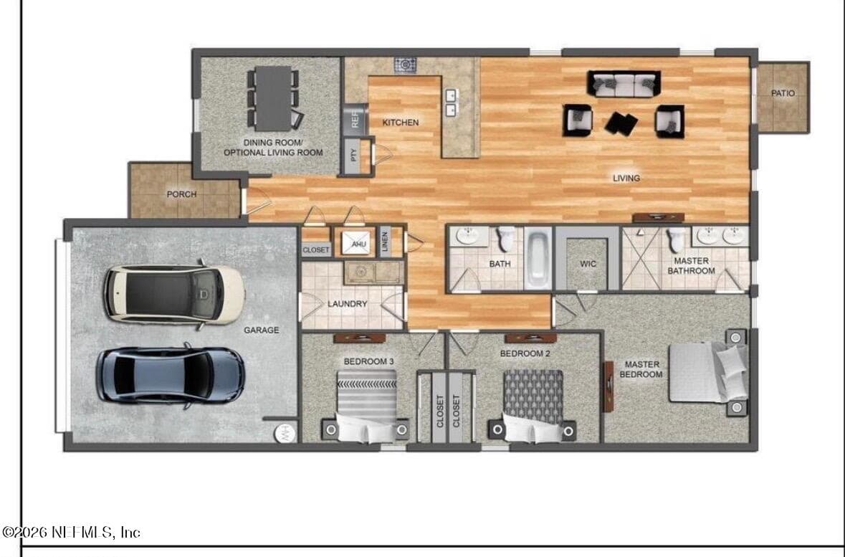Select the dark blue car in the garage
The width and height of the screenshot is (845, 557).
171,375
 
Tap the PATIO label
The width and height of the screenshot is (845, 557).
783,93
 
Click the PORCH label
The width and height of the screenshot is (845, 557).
181,194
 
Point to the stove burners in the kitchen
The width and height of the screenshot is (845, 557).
405,65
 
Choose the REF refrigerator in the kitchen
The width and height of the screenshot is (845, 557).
355,119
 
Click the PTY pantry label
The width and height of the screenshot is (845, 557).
354,156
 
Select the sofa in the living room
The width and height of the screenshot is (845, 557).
624,84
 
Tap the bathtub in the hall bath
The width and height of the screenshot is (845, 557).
538,258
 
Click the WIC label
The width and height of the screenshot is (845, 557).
588,265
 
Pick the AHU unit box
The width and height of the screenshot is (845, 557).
358,243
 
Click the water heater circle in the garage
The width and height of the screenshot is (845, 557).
285,433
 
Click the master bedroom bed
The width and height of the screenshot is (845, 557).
708,373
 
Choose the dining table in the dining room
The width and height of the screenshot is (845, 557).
273,98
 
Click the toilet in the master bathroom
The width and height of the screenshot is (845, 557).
676,238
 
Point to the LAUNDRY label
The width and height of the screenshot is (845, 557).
347,304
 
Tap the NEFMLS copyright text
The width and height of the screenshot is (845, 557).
71,533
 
